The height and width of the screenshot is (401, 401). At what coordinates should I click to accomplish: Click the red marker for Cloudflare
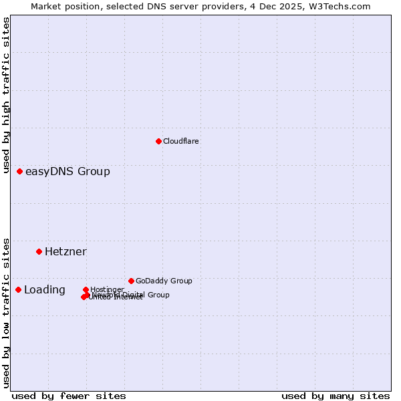click(158, 141)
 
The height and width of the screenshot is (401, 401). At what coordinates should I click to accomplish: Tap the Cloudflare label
click(181, 141)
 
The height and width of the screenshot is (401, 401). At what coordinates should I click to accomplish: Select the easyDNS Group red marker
click(19, 172)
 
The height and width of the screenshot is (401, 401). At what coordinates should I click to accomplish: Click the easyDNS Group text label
click(68, 172)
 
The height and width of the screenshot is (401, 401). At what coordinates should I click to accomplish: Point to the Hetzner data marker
click(39, 251)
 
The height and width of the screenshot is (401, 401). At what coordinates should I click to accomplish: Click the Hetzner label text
click(65, 252)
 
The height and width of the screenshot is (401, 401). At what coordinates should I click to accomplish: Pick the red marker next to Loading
click(18, 289)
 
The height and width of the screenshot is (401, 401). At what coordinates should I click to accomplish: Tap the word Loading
click(45, 290)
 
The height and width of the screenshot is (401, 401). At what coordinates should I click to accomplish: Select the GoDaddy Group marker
click(131, 281)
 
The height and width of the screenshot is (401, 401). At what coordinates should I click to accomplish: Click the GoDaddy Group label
click(164, 281)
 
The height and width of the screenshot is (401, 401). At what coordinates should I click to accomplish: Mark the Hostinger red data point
click(86, 289)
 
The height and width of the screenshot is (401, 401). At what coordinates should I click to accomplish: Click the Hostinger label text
click(107, 289)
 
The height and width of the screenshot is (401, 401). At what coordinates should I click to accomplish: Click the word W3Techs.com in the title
click(343, 7)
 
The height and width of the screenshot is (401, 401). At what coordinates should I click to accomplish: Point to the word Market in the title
click(46, 7)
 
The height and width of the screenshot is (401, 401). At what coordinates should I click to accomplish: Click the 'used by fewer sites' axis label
click(69, 396)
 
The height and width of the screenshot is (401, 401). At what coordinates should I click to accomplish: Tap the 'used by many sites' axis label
click(336, 396)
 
